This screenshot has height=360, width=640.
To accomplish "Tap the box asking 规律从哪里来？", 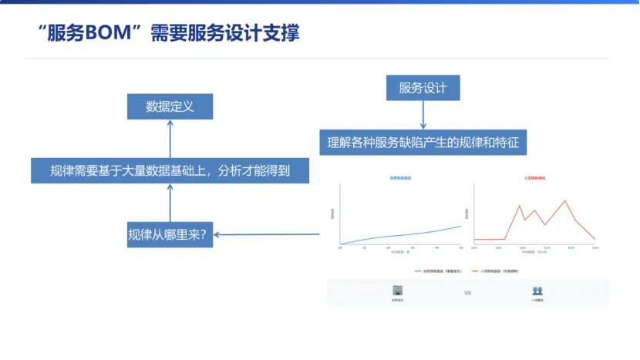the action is [x=170, y=234].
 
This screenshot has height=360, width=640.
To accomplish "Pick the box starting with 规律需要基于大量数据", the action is [x=170, y=170].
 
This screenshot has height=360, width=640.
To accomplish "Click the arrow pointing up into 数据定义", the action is [x=170, y=139].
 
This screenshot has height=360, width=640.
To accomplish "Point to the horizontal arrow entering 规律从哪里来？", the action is [x=266, y=234].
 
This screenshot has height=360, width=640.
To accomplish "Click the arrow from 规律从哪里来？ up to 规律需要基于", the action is [x=170, y=203].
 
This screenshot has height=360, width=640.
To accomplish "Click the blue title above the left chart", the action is [x=400, y=178].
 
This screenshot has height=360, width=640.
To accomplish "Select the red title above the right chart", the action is [x=534, y=178].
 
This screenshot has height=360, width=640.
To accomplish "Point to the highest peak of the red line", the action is [x=567, y=201].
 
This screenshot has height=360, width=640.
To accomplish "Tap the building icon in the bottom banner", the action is [x=398, y=291].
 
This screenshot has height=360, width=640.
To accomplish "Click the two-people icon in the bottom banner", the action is [x=537, y=291].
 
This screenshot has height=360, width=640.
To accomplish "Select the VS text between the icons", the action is [x=467, y=293].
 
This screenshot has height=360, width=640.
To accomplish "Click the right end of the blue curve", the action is [x=460, y=226].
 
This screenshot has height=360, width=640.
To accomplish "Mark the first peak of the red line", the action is [x=520, y=206].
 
